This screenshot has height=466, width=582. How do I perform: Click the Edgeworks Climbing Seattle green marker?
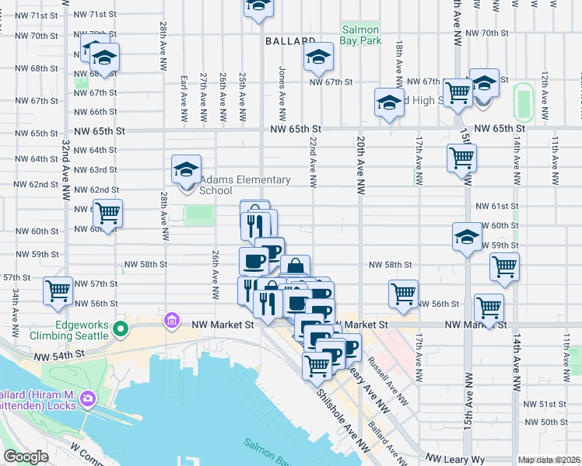click(x=120, y=329)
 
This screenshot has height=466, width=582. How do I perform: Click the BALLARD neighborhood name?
click(x=289, y=40)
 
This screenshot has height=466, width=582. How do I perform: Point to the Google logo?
click(x=26, y=457)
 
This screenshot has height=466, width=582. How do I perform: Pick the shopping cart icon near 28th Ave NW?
click(x=107, y=211)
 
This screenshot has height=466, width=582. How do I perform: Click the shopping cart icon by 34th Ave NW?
click(x=58, y=290)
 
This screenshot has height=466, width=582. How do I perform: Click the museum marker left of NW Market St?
click(x=171, y=321)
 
